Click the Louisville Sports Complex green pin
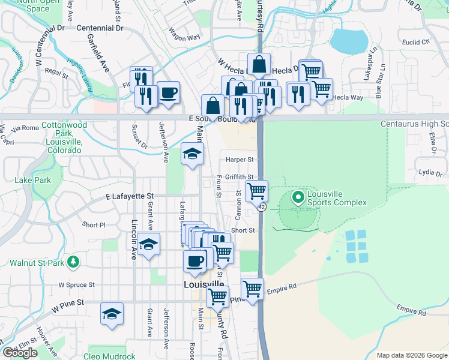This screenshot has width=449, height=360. [x=297, y=197]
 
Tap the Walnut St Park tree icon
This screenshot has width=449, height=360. [x=73, y=262]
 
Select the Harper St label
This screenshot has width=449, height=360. [x=240, y=160]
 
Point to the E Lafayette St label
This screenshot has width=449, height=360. [x=130, y=196]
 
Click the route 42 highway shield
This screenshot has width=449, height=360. [x=262, y=206]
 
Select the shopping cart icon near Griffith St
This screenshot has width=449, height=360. [x=257, y=191]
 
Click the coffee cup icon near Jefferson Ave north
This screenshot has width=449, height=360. [x=169, y=92]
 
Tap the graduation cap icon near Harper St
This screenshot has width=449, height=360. [x=192, y=154]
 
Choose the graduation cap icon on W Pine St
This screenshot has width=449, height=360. [x=112, y=314]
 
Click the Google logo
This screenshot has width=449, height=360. [x=20, y=353]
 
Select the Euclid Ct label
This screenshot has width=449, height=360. [x=417, y=42]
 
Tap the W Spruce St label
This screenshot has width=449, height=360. [x=77, y=284]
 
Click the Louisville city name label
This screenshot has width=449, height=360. [x=204, y=284]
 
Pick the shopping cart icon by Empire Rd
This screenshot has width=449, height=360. [x=252, y=289]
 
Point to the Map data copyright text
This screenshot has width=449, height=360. [x=412, y=355]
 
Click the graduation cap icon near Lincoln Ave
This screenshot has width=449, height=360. [x=148, y=244]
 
